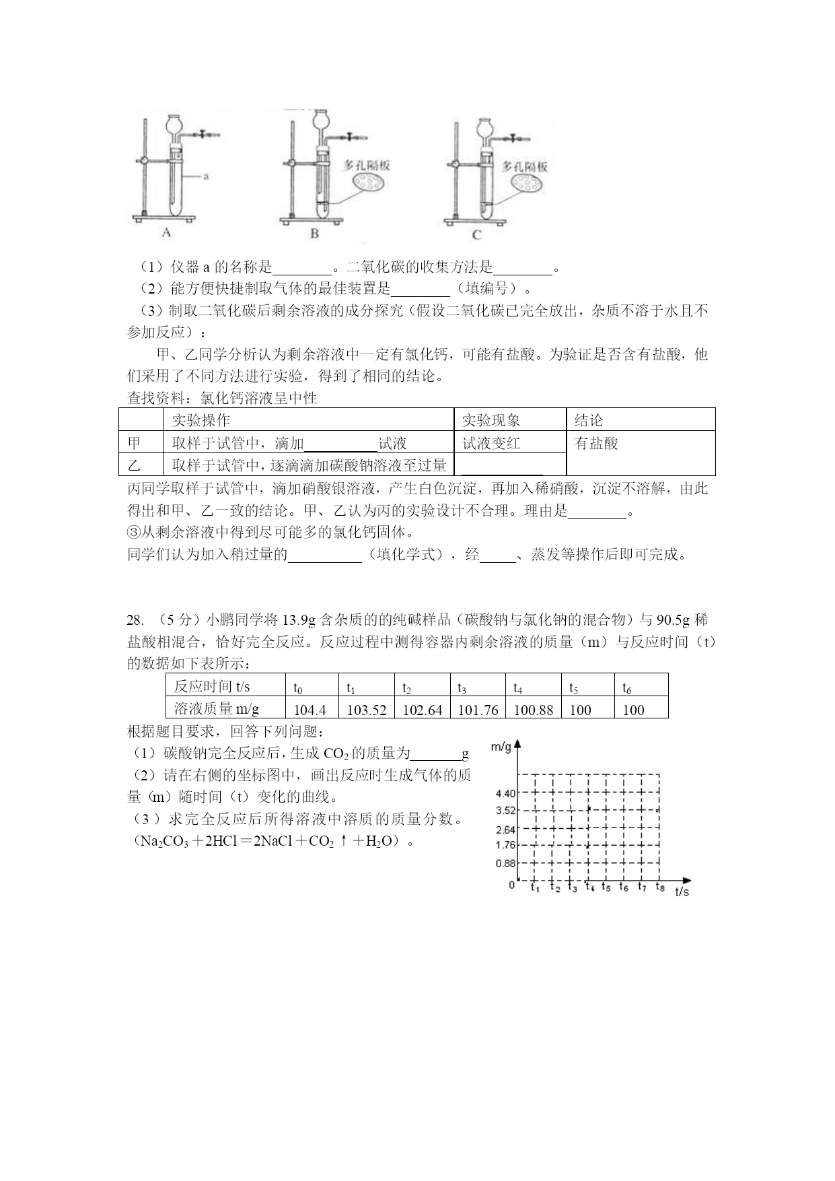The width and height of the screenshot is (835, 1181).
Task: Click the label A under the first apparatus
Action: click(167, 232)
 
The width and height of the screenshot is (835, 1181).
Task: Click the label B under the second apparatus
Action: click(314, 234)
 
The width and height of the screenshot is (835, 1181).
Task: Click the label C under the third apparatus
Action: click(477, 234)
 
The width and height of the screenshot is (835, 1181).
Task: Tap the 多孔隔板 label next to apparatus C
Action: click(525, 166)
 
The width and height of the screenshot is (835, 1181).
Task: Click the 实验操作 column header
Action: click(201, 420)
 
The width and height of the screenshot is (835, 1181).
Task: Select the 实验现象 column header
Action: click(491, 420)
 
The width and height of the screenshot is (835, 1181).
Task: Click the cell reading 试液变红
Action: click(491, 443)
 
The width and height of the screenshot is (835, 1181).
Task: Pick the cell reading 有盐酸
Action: click(596, 443)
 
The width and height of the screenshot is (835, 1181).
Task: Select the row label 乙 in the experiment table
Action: click(135, 465)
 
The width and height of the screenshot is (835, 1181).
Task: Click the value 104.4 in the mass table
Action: click(310, 710)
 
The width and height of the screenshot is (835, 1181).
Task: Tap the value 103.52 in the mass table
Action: click(366, 710)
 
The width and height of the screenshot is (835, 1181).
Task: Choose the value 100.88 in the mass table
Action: click(533, 710)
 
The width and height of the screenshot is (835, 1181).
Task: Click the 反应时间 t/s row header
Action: click(212, 687)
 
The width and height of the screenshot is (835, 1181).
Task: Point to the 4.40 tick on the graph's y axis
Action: click(505, 795)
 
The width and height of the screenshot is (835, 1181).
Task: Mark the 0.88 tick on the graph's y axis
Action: click(505, 863)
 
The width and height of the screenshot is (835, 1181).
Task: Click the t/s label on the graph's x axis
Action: click(682, 891)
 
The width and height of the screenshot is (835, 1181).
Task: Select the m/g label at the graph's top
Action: click(501, 747)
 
